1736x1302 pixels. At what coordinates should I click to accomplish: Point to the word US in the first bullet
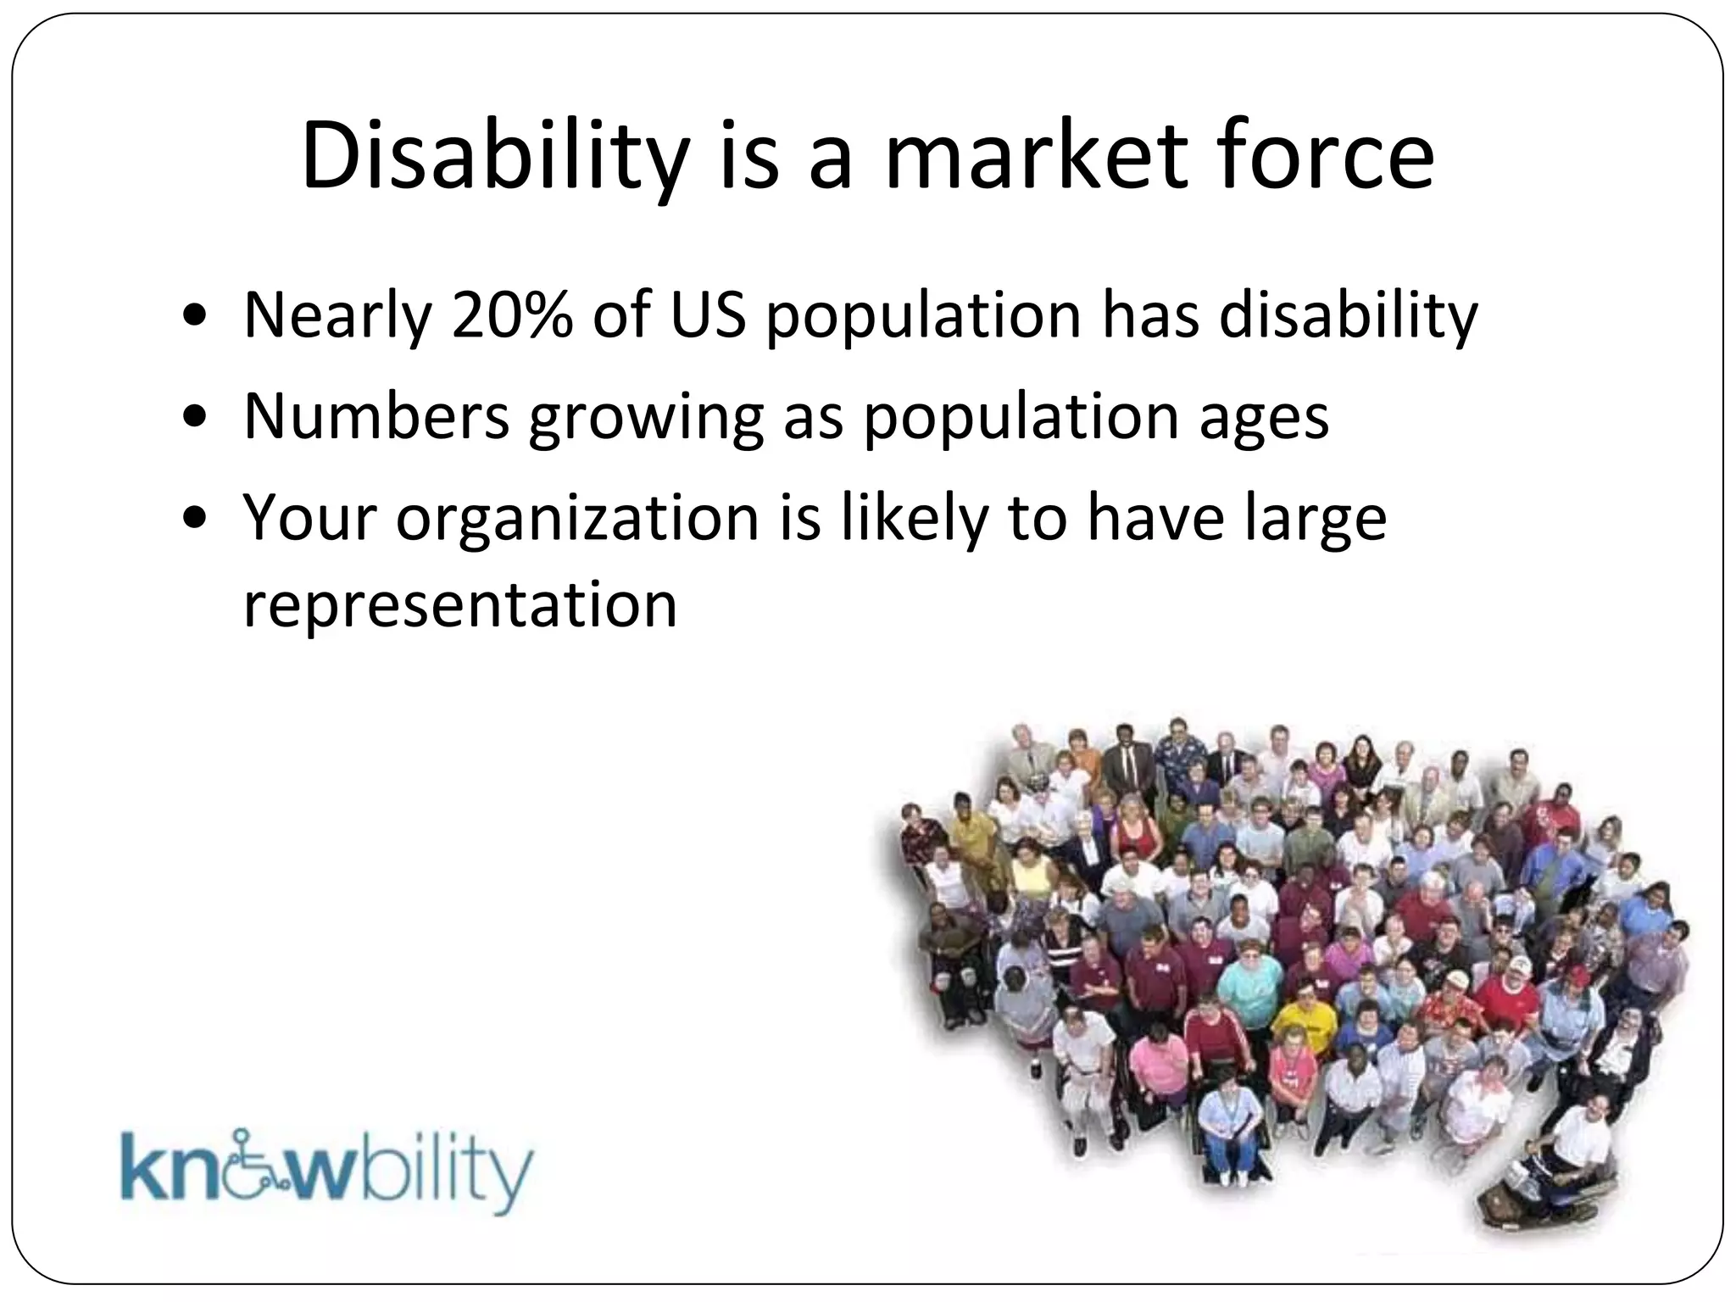pos(708,315)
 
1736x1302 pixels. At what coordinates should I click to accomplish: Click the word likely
pos(914,519)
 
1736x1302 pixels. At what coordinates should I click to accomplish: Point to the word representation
pos(460,605)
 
